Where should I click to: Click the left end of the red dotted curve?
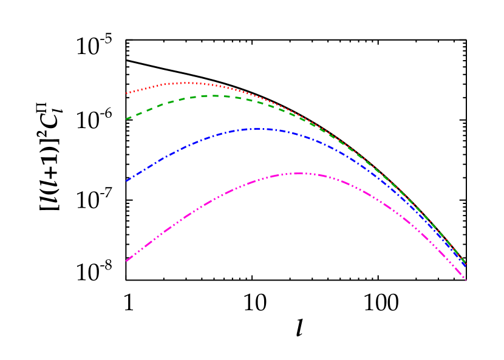tap(126, 93)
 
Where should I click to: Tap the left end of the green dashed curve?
tap(126, 119)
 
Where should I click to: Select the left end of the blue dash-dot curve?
tap(126, 181)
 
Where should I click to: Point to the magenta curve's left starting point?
tap(126, 261)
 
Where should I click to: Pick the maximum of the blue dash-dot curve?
tap(260, 129)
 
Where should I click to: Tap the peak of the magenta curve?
tap(299, 173)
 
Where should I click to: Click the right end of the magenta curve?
tap(465, 279)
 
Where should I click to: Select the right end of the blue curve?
tap(465, 266)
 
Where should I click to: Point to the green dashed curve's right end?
tap(465, 262)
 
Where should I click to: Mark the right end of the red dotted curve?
tap(465, 262)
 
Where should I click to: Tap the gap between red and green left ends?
tap(126, 106)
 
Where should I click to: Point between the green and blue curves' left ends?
tap(126, 150)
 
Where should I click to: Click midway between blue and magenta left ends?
tap(126, 221)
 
